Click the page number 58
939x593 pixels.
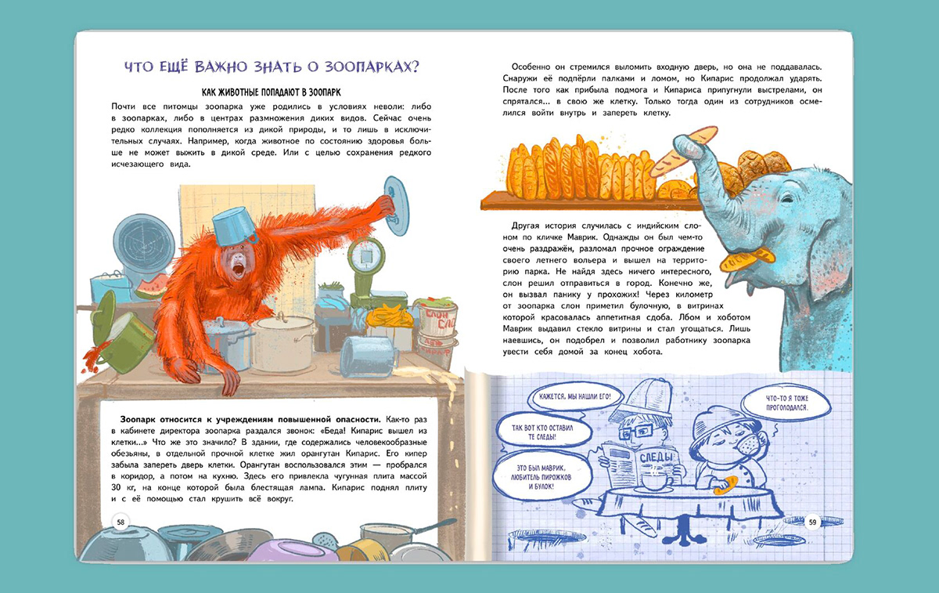(x=121, y=522)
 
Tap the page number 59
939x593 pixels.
(x=813, y=522)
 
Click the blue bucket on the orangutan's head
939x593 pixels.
(x=234, y=226)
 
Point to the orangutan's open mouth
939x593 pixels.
(x=238, y=269)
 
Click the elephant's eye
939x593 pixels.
(x=787, y=198)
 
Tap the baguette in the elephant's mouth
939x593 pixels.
(x=747, y=258)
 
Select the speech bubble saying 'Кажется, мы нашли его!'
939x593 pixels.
(x=574, y=396)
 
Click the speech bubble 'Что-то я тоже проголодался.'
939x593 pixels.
(x=786, y=403)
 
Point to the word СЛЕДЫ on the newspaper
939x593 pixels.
(x=656, y=457)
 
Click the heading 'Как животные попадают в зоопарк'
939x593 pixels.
(x=272, y=92)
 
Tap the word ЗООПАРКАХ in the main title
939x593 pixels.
(x=372, y=67)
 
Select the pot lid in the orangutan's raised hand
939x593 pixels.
(x=396, y=206)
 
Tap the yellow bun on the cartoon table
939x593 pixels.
(x=725, y=485)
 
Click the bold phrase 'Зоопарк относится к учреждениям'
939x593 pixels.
(x=250, y=419)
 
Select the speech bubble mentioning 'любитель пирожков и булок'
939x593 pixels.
(x=541, y=477)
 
